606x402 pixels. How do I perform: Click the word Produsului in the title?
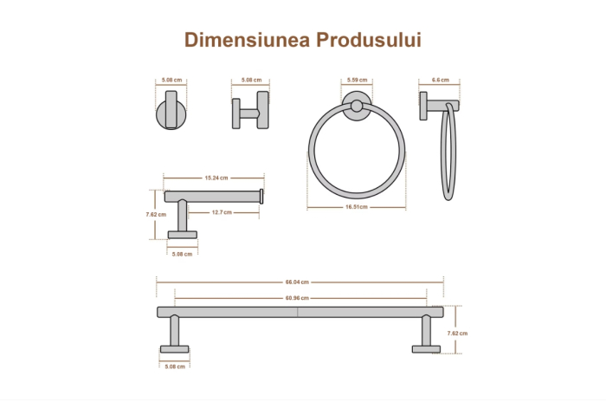pyautogui.click(x=367, y=40)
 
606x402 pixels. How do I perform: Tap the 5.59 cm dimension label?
pyautogui.click(x=355, y=81)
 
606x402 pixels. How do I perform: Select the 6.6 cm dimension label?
pyautogui.click(x=440, y=81)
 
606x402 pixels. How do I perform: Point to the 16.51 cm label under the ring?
pyautogui.click(x=356, y=207)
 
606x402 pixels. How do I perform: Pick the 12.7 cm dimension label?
pyautogui.click(x=222, y=212)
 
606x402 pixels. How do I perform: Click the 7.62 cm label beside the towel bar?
pyautogui.click(x=457, y=333)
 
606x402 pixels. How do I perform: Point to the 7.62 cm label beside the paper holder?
pyautogui.click(x=156, y=214)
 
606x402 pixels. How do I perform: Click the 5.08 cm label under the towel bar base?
pyautogui.click(x=174, y=366)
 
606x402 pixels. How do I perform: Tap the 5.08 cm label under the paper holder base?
pyautogui.click(x=182, y=254)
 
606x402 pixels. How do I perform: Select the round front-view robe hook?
pyautogui.click(x=170, y=113)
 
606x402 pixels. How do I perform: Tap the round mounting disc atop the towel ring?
pyautogui.click(x=355, y=107)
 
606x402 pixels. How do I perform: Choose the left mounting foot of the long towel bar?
pyautogui.click(x=174, y=348)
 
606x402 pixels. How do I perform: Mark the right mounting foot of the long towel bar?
pyautogui.click(x=426, y=348)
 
